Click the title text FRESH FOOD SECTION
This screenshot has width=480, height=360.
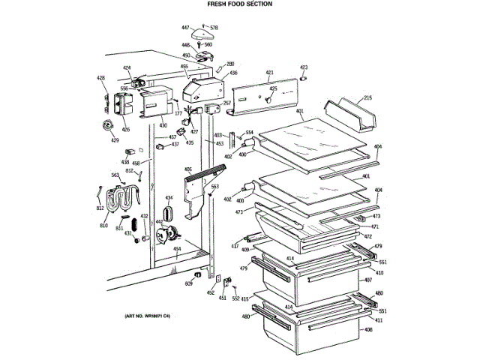tap(240, 4)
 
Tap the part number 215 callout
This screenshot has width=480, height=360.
tap(368, 97)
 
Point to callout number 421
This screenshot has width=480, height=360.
tap(269, 73)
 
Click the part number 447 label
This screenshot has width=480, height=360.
tap(185, 28)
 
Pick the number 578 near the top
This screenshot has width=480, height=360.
tap(214, 28)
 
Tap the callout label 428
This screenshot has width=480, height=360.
tap(101, 78)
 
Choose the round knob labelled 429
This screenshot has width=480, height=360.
tap(109, 125)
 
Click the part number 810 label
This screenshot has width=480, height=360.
tap(104, 226)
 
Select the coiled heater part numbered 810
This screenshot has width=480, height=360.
tap(120, 202)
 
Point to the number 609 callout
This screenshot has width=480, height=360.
tap(189, 284)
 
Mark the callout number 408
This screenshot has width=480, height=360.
tap(368, 329)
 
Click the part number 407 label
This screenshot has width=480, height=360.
tap(368, 280)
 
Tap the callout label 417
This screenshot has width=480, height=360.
tap(235, 246)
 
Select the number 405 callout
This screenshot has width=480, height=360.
tap(188, 169)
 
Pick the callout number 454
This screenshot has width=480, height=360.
tap(177, 249)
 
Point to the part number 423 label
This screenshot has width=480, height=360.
tap(304, 67)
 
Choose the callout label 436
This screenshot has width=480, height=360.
tap(233, 73)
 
